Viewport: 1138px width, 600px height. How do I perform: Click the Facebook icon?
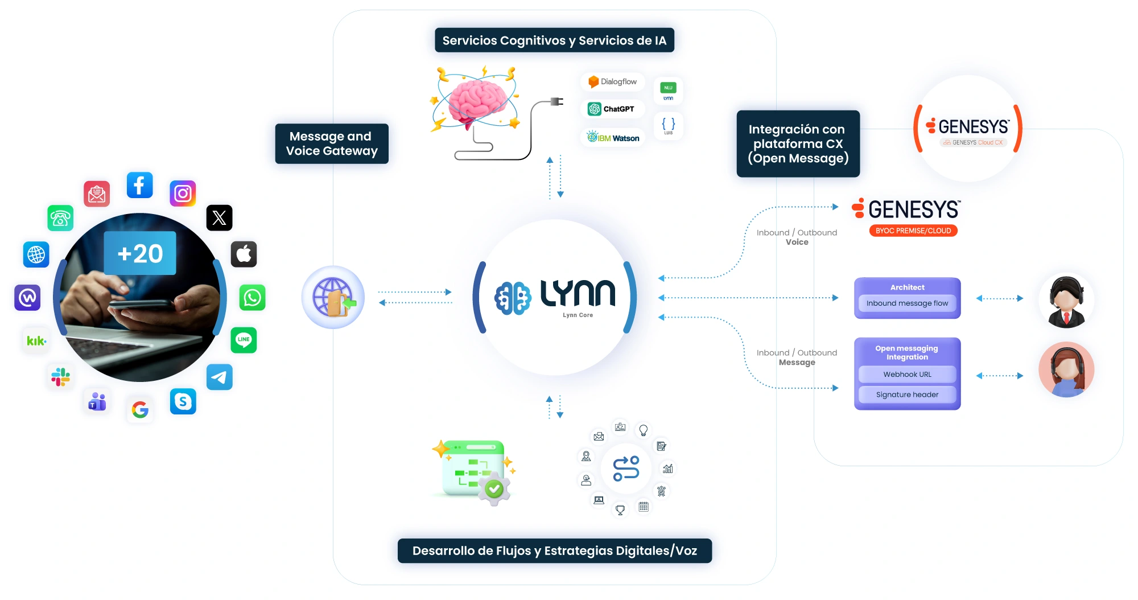tap(139, 185)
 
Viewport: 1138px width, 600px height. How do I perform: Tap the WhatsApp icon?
tap(252, 297)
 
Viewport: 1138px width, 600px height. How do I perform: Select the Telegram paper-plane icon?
tap(219, 377)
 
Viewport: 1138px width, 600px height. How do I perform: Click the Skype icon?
tap(183, 401)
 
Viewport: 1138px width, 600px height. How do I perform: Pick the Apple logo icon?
tap(244, 254)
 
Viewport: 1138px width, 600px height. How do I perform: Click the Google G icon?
tap(140, 409)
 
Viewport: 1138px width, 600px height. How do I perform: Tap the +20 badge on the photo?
tap(140, 253)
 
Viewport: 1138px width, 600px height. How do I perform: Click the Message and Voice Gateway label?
tap(332, 143)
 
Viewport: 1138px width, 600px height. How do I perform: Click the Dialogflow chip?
tap(613, 82)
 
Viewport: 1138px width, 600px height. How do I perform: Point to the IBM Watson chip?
tap(613, 138)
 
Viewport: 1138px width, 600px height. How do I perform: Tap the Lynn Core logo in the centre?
tap(555, 297)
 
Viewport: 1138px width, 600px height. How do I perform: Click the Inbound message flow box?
tap(907, 303)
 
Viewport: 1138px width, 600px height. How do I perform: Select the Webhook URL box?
tap(907, 374)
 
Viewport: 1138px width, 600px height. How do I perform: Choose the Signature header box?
tap(907, 394)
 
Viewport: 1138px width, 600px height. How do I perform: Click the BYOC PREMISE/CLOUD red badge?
tap(913, 231)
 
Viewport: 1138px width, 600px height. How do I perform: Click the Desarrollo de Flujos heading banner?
tap(554, 550)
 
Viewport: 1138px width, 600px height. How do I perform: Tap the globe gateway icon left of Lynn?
tap(333, 297)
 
